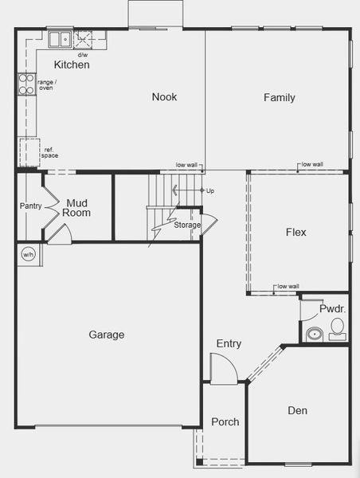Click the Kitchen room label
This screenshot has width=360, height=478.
(x=71, y=65)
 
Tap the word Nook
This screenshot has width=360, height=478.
(x=164, y=97)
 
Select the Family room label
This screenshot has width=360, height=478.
(x=280, y=98)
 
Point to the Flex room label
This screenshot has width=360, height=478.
(x=295, y=233)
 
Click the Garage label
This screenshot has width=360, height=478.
(x=106, y=335)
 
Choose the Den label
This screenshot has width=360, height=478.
(x=297, y=411)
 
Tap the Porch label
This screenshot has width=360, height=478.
(x=225, y=421)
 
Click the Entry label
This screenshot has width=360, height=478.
(x=229, y=343)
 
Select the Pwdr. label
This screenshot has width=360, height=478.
(x=331, y=308)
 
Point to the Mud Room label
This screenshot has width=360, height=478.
(x=78, y=208)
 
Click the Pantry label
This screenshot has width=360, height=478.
(x=30, y=206)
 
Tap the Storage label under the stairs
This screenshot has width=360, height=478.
(x=187, y=225)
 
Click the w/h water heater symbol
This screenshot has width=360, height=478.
(x=28, y=255)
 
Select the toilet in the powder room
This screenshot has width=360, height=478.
(x=337, y=327)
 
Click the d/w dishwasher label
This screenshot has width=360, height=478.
(x=82, y=55)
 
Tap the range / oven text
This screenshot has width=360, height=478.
(x=45, y=84)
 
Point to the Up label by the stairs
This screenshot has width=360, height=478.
(x=209, y=191)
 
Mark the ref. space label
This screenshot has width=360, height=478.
(x=50, y=153)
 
